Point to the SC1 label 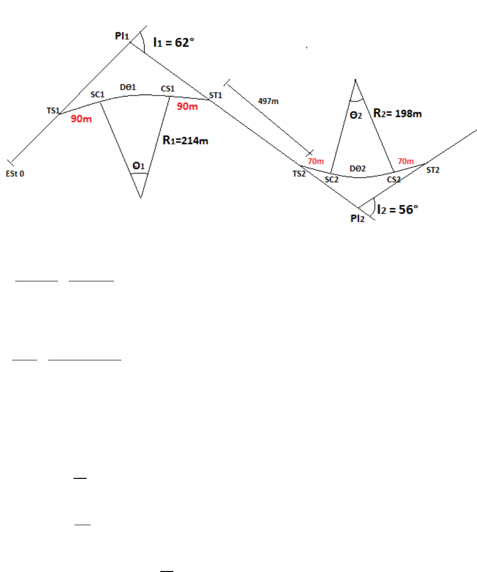(98, 94)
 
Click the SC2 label (331, 179)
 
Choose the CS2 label (393, 179)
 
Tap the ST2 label (433, 170)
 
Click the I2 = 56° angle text (398, 210)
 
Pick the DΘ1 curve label (129, 87)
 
